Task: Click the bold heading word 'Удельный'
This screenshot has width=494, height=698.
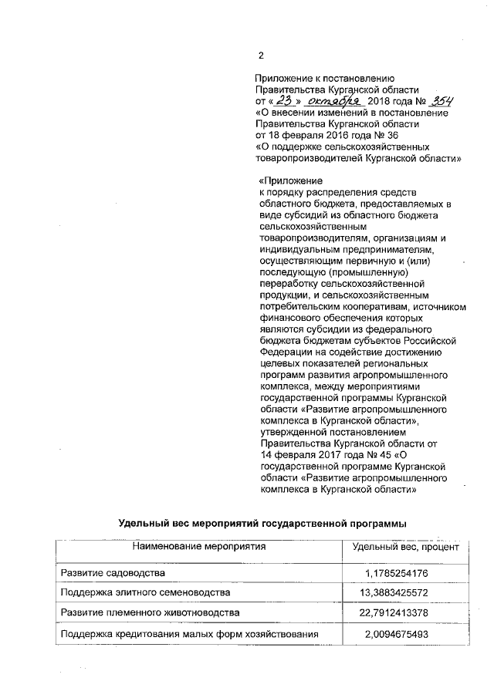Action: click(x=144, y=524)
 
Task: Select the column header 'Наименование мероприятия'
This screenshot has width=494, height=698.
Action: click(x=198, y=547)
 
